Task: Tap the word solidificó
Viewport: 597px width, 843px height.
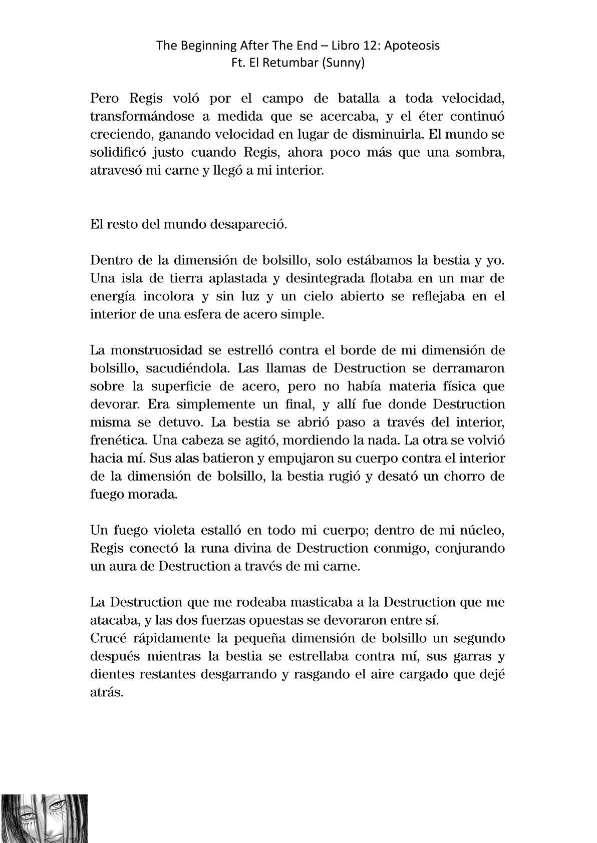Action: (119, 152)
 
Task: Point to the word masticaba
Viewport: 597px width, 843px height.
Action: (283, 602)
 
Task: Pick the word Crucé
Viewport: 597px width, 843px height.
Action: (105, 638)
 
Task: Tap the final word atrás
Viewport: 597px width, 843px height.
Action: (106, 692)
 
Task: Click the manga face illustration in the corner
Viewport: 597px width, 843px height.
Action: (44, 818)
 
